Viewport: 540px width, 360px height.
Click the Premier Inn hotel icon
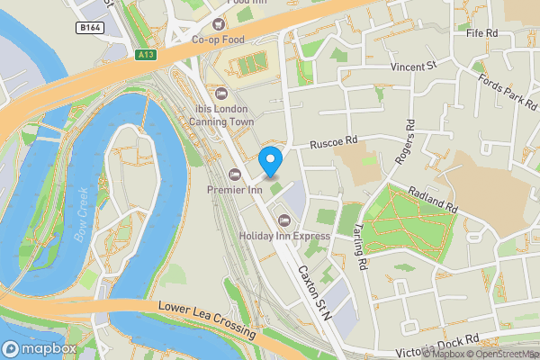[235, 175]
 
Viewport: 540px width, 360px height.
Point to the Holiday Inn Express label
[284, 236]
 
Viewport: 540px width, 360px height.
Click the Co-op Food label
[218, 39]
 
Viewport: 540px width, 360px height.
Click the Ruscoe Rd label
[334, 142]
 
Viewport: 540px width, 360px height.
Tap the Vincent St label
[412, 67]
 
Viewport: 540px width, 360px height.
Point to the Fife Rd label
[482, 33]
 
